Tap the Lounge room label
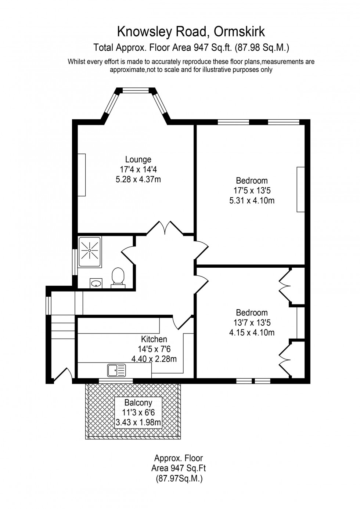tap(138, 159)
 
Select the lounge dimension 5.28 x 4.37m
tap(138, 180)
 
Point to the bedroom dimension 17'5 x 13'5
tap(252, 191)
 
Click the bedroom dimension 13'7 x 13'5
tap(252, 323)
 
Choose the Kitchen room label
tap(154, 339)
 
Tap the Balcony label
tap(138, 402)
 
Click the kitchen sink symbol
tap(116, 370)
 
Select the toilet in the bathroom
tap(118, 276)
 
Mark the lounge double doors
tap(165, 228)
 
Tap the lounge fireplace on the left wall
tap(82, 175)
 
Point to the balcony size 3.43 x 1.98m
tap(138, 423)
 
